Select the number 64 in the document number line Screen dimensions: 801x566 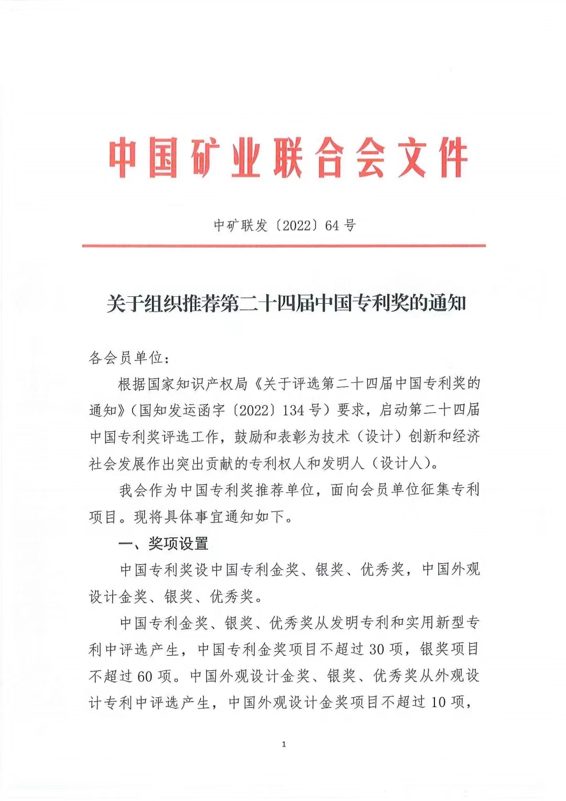[x=332, y=226]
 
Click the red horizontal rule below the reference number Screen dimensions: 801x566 [x=284, y=245]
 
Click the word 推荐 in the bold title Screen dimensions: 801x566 [x=202, y=303]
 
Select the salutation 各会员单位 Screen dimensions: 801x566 [x=126, y=358]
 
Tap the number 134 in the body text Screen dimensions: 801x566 [x=293, y=410]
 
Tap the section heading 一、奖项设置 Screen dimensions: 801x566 [x=164, y=543]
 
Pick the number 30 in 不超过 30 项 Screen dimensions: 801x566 [x=377, y=649]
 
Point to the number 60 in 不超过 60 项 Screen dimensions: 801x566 [x=145, y=676]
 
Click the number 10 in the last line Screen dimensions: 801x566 [x=438, y=702]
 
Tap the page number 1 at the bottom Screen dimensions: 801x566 [x=284, y=744]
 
